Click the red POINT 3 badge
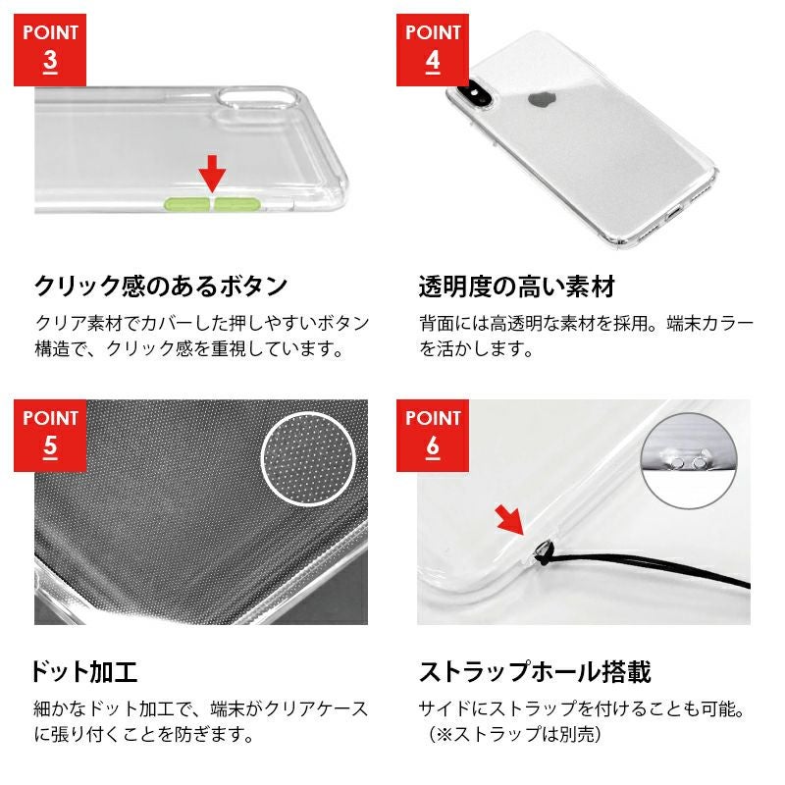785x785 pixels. click(50, 50)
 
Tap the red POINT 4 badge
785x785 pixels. click(433, 50)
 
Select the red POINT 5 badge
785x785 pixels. click(50, 436)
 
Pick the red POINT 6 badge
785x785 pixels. click(433, 436)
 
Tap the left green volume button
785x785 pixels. click(187, 204)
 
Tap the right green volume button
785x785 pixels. click(237, 204)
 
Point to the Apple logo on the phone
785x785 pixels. click(540, 99)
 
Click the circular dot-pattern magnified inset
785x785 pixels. click(308, 459)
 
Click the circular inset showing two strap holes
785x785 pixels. click(689, 461)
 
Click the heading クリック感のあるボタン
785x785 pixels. click(161, 287)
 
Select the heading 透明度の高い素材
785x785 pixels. click(517, 287)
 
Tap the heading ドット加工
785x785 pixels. click(84, 672)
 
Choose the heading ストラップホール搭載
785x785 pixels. click(535, 672)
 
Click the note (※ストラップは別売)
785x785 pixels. click(514, 734)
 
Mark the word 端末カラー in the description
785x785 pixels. click(709, 324)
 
